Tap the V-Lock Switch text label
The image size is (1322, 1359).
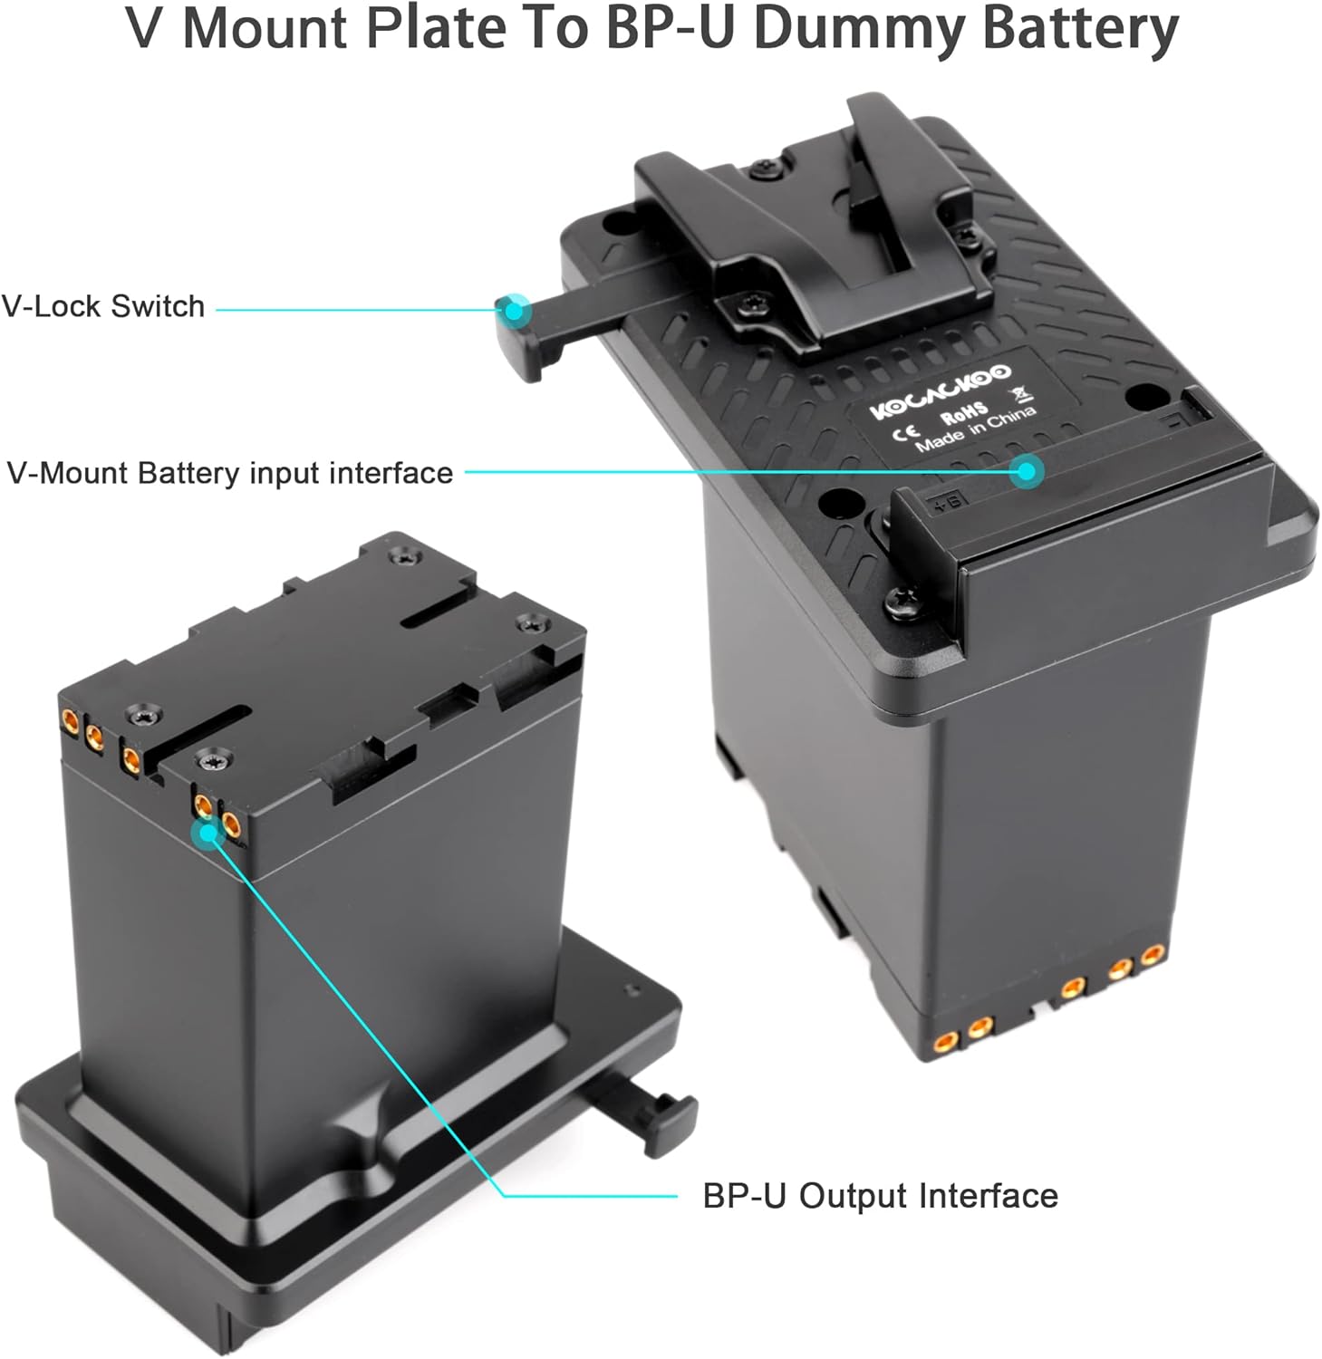[103, 306]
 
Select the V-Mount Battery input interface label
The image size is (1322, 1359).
[230, 473]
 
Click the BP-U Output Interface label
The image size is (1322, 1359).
[880, 1196]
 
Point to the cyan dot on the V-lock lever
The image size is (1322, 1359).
[515, 310]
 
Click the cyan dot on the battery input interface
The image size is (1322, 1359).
[1027, 470]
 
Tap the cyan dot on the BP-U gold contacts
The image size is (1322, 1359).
[209, 831]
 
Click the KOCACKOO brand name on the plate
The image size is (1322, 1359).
[940, 391]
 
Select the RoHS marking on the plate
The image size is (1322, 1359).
[964, 413]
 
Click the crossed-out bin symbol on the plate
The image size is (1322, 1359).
[1023, 395]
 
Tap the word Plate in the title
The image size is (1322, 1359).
[436, 29]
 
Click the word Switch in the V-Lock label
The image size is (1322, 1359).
[158, 306]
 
